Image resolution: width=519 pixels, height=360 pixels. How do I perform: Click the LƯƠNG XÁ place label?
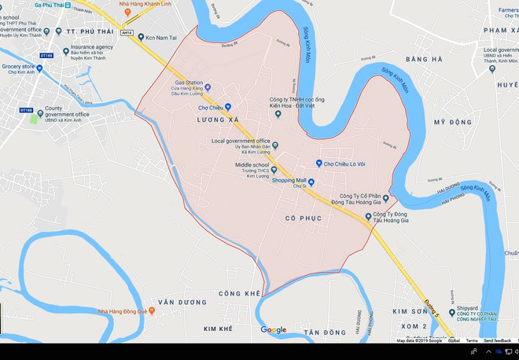pos(218,120)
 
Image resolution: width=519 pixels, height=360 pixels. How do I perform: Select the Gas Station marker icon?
pos(208,88)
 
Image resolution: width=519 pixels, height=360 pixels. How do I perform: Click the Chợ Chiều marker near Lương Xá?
pos(228,107)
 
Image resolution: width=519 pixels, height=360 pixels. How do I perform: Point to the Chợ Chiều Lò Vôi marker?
pos(319,163)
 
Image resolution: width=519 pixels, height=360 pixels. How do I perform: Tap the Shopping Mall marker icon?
pos(311,182)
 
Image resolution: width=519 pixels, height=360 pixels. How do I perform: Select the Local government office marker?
pos(275,144)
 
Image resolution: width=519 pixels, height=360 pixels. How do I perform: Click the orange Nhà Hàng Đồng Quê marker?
pos(152,311)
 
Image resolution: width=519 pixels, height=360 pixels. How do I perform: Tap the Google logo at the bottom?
pos(274,330)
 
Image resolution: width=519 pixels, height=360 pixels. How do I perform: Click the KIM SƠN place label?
pos(409,311)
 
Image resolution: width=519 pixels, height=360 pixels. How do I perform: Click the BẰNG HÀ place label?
pos(425,60)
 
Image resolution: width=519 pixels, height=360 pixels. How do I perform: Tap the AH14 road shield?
pos(127,33)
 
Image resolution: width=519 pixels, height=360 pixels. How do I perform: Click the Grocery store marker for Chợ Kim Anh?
pos(40,68)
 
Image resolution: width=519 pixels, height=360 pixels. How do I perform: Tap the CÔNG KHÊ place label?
pos(239,293)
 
